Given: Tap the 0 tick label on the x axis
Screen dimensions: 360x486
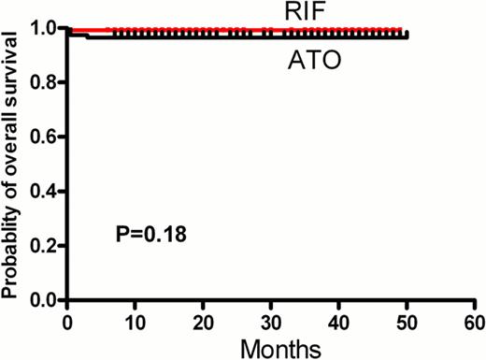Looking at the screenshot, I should tap(67, 321).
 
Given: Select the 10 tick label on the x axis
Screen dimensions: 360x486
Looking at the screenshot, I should tap(136, 321).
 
